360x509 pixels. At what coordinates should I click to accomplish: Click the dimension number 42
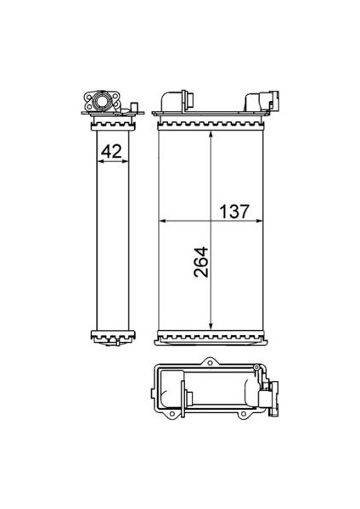[x=111, y=151]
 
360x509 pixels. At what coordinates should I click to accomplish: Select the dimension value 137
[x=234, y=211]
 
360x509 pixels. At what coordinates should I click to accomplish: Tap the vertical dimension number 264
[x=200, y=262]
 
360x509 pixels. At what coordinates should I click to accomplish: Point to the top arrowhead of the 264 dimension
[x=211, y=135]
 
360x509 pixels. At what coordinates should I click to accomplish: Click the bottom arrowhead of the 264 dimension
[x=211, y=325]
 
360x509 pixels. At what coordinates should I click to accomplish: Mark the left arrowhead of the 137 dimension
[x=162, y=221]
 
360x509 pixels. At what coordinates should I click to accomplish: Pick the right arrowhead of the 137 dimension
[x=259, y=221]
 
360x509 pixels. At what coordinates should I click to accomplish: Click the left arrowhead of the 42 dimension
[x=100, y=161]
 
